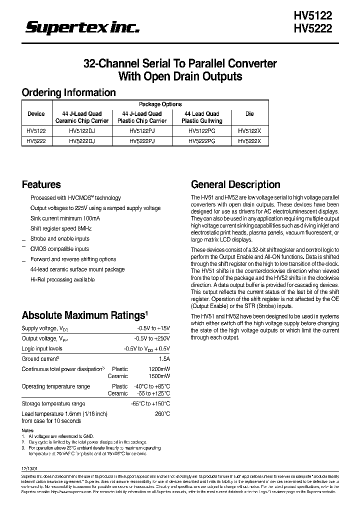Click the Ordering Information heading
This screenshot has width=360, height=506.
68,92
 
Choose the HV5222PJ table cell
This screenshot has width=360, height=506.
141,141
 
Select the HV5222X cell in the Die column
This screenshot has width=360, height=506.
249,141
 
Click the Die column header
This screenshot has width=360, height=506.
249,114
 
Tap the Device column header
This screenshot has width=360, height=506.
35,114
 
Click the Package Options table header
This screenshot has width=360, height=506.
160,104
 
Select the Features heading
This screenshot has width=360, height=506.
41,184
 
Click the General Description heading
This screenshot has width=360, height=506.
235,184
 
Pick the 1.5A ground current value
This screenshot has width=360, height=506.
163,359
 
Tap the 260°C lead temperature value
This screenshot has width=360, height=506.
162,414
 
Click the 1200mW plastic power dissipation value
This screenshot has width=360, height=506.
159,369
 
